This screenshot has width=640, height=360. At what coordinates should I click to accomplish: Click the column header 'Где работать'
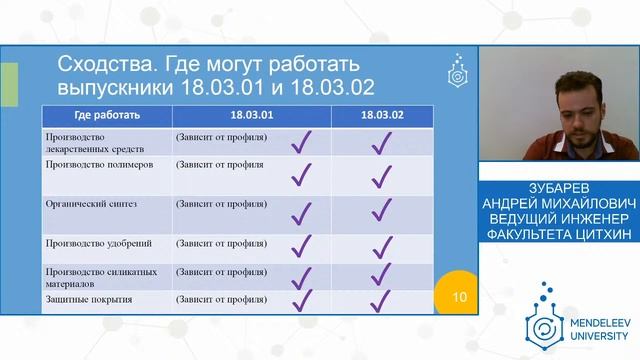click(97, 115)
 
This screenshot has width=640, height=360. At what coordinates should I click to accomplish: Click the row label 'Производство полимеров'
click(99, 164)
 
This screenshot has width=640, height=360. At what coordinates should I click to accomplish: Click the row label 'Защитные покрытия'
click(89, 299)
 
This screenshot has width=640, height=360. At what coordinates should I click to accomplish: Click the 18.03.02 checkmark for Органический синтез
click(380, 211)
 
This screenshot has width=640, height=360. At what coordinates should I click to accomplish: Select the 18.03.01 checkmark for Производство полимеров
click(301, 175)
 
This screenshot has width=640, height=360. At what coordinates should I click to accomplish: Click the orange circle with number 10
click(459, 296)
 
